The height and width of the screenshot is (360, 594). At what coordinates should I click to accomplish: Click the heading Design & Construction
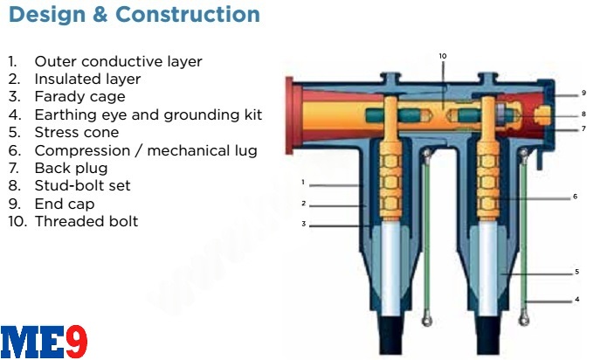(x=134, y=15)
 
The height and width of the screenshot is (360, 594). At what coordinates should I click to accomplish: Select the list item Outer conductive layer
(x=118, y=61)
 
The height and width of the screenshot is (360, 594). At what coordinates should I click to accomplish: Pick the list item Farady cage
(x=79, y=96)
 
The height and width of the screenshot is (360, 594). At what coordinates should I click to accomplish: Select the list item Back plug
(x=71, y=168)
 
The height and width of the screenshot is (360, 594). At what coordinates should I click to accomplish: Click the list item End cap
(x=64, y=204)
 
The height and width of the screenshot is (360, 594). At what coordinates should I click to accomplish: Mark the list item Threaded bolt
(x=86, y=221)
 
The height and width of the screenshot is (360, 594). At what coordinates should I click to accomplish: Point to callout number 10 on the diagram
(x=443, y=56)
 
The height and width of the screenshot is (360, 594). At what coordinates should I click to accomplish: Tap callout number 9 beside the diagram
(x=584, y=93)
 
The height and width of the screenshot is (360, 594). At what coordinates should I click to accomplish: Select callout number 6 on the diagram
(x=576, y=197)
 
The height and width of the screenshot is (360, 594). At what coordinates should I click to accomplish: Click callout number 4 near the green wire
(x=577, y=300)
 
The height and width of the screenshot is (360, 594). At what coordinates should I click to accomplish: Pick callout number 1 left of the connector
(x=302, y=183)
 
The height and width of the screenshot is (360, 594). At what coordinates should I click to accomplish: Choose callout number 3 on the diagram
(x=302, y=225)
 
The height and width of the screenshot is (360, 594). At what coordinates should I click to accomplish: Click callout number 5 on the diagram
(x=577, y=271)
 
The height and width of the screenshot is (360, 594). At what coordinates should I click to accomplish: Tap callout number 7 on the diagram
(x=584, y=129)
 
